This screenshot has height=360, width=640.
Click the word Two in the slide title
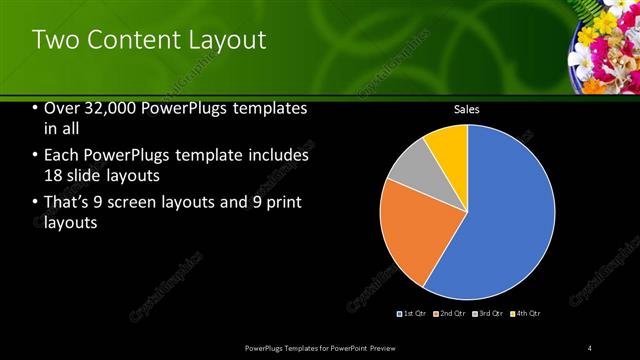point(56,41)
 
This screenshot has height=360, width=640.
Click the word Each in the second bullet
point(62,156)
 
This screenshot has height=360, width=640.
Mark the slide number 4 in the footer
point(590,347)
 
